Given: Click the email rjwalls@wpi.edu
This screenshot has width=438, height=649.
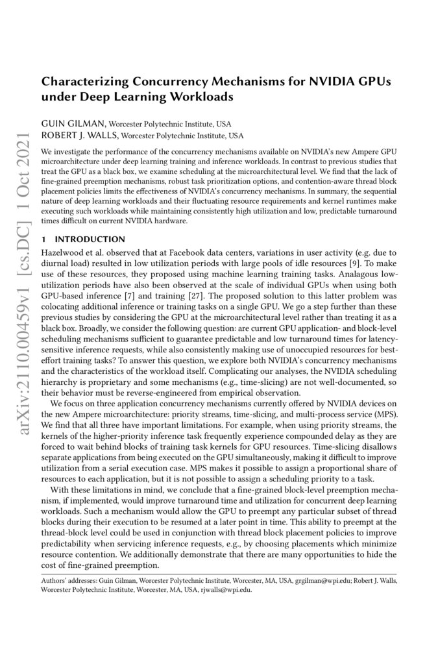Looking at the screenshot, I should coord(231,590).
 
